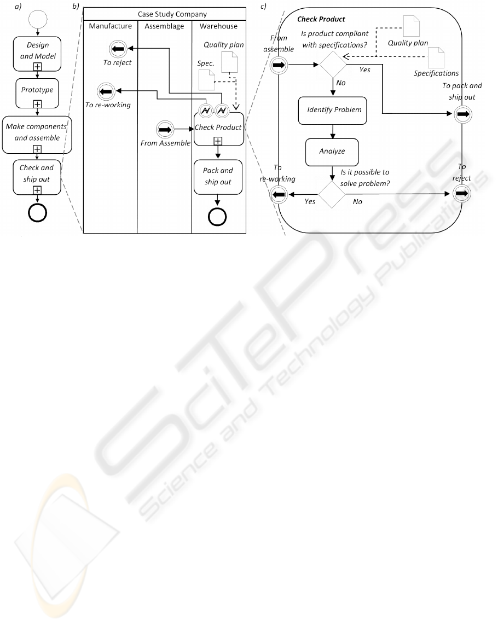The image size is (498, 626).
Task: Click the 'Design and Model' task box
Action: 37,50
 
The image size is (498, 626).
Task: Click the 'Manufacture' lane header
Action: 110,26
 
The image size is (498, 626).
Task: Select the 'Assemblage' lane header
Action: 164,26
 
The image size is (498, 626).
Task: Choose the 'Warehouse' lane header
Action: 219,26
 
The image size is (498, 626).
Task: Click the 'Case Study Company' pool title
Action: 164,14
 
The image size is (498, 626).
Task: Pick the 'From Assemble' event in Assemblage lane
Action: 164,130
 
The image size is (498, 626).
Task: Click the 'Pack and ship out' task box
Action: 218,176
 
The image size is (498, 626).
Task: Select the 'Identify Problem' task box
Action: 332,109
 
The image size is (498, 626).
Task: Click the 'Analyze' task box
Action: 332,151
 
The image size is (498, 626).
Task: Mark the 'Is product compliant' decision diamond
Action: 333,65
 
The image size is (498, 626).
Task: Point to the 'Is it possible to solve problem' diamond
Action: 333,194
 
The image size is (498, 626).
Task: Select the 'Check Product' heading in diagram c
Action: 321,19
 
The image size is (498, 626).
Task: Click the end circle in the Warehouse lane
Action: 218,217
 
